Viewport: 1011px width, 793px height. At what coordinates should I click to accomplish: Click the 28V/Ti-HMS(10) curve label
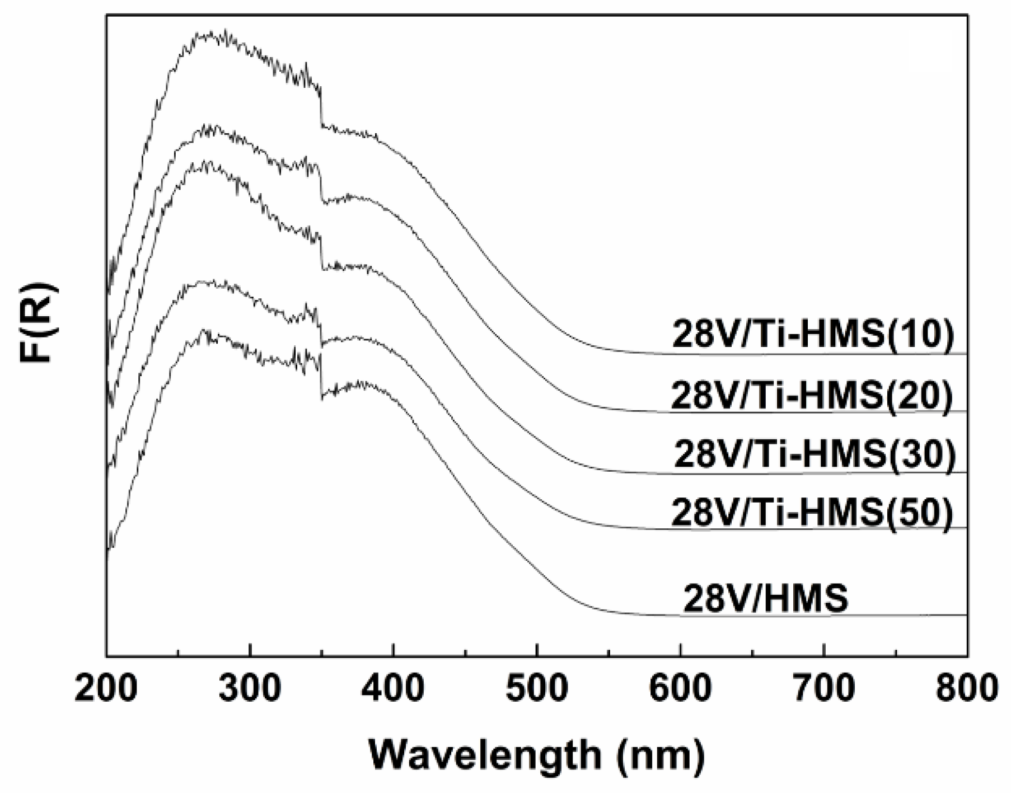pos(812,336)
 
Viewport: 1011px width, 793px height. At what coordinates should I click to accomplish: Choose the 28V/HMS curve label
pos(766,599)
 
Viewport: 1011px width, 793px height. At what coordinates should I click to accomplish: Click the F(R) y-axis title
pos(39,323)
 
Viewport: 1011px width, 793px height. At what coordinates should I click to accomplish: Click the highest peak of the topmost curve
pos(225,32)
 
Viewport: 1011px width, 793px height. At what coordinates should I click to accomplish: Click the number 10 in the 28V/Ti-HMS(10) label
pos(920,336)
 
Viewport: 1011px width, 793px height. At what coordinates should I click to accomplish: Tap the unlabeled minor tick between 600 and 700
pos(752,652)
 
